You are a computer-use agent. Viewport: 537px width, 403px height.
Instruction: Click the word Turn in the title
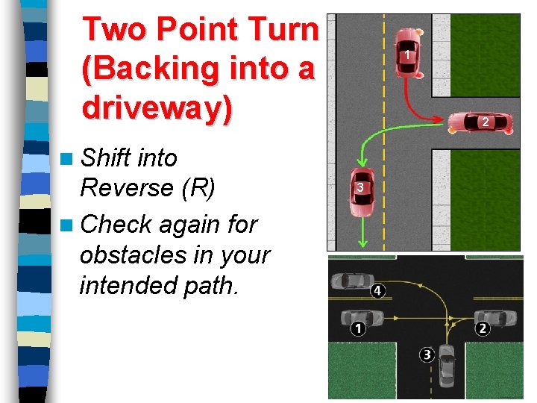click(280, 30)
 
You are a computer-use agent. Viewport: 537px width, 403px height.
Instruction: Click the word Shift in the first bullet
click(107, 158)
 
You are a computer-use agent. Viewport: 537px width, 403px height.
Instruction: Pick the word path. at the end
click(213, 285)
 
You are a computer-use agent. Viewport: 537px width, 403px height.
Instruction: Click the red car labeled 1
click(407, 53)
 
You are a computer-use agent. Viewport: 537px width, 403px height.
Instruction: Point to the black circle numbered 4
click(378, 290)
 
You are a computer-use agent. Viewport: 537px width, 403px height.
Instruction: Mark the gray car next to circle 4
click(350, 283)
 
